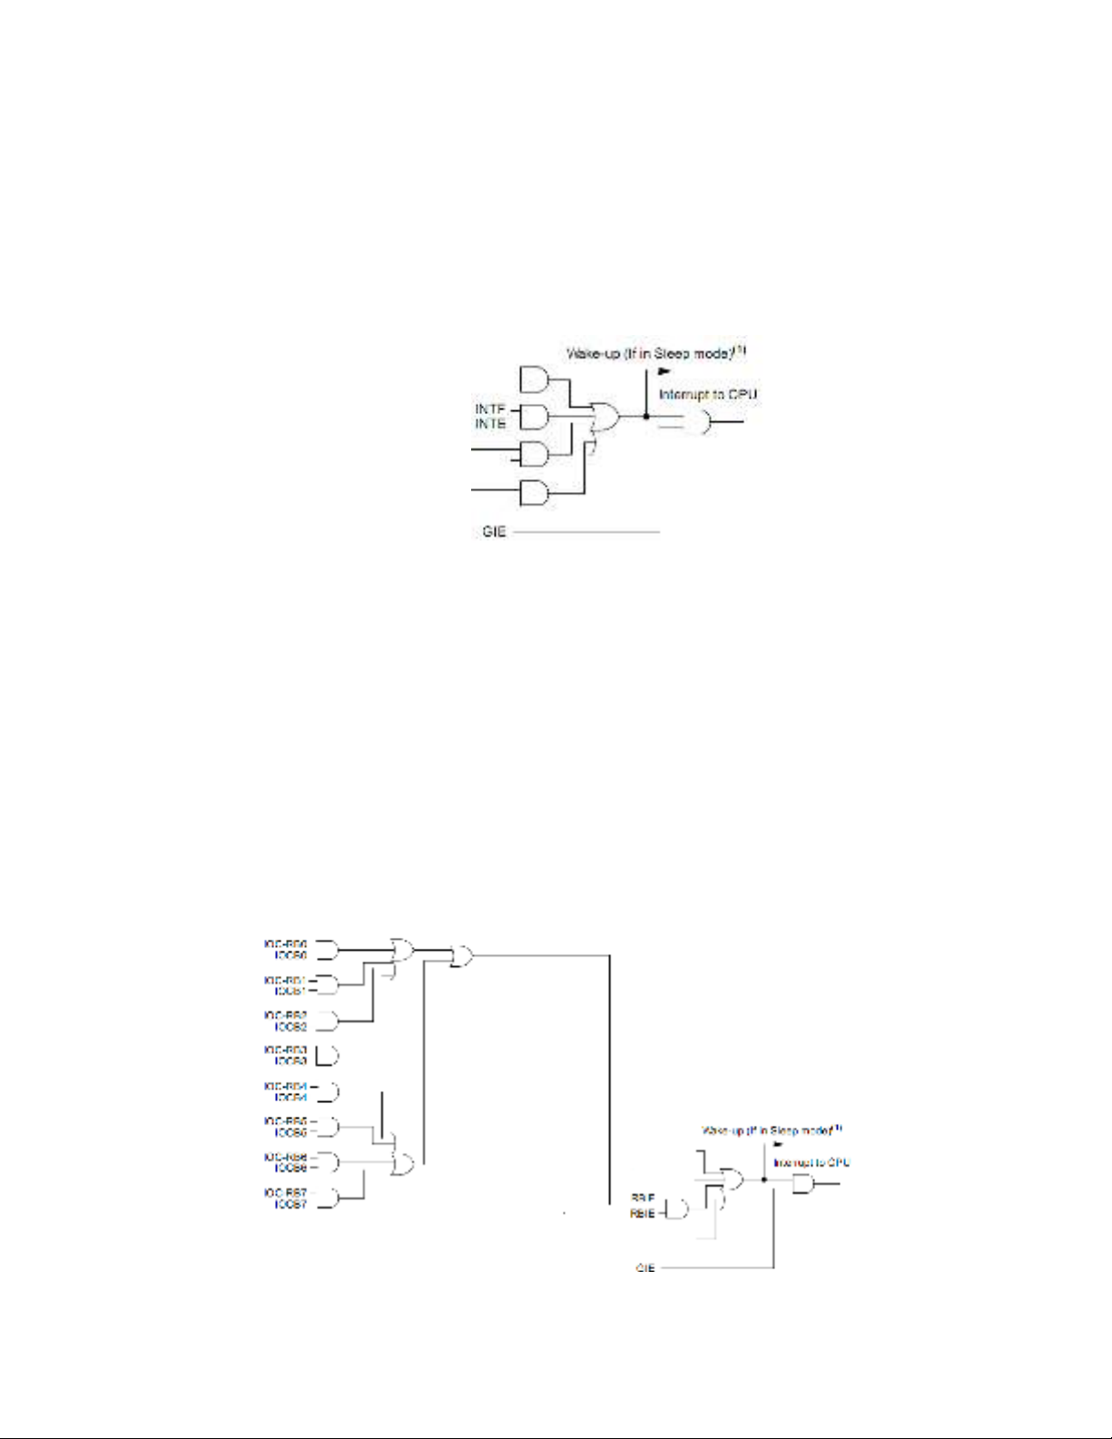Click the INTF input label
coord(489,410)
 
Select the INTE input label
coord(489,424)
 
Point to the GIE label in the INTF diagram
coord(494,532)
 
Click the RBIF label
coord(643,1198)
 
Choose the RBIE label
coord(643,1213)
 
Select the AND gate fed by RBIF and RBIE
coord(677,1208)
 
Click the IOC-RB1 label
coord(286,981)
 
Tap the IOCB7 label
coord(290,1204)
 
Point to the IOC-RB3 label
coord(286,1050)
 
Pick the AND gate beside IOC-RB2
coord(328,1021)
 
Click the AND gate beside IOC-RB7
coord(328,1198)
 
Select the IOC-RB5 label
coord(286,1121)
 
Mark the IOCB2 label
coord(290,1027)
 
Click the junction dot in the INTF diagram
coord(645,417)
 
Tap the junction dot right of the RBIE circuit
coord(764,1179)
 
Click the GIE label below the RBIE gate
coord(645,1267)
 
